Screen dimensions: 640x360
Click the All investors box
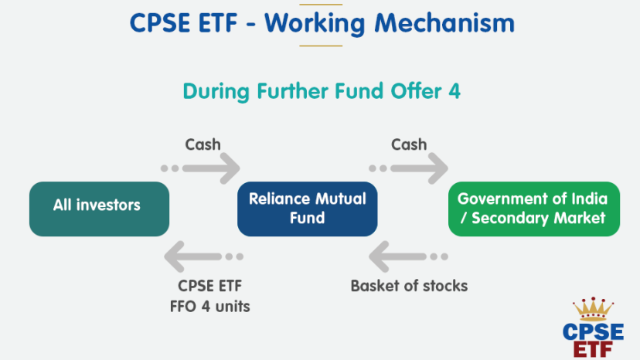pyautogui.click(x=99, y=209)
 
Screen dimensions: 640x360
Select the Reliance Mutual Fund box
pyautogui.click(x=308, y=209)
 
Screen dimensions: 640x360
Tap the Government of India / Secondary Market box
pyautogui.click(x=534, y=209)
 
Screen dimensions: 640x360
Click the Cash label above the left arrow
pyautogui.click(x=203, y=144)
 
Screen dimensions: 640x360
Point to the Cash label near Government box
pyautogui.click(x=409, y=144)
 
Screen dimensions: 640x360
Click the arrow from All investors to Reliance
pyautogui.click(x=200, y=168)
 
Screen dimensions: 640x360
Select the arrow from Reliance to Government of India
pyautogui.click(x=409, y=168)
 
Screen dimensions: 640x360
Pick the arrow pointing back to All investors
pyautogui.click(x=204, y=256)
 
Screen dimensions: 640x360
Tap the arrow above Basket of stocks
pyautogui.click(x=408, y=256)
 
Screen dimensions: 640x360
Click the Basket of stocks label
pyautogui.click(x=409, y=286)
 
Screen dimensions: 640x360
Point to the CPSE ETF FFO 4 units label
pyautogui.click(x=209, y=296)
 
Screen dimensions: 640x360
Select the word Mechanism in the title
pyautogui.click(x=444, y=23)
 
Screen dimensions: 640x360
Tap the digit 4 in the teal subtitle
pyautogui.click(x=454, y=91)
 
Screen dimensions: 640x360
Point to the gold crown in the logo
pyautogui.click(x=593, y=309)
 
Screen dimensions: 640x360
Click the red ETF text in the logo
pyautogui.click(x=593, y=350)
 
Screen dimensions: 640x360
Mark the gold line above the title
pyautogui.click(x=321, y=5)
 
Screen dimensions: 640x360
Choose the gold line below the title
pyautogui.click(x=321, y=46)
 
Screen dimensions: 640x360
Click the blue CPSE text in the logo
pyautogui.click(x=593, y=332)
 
